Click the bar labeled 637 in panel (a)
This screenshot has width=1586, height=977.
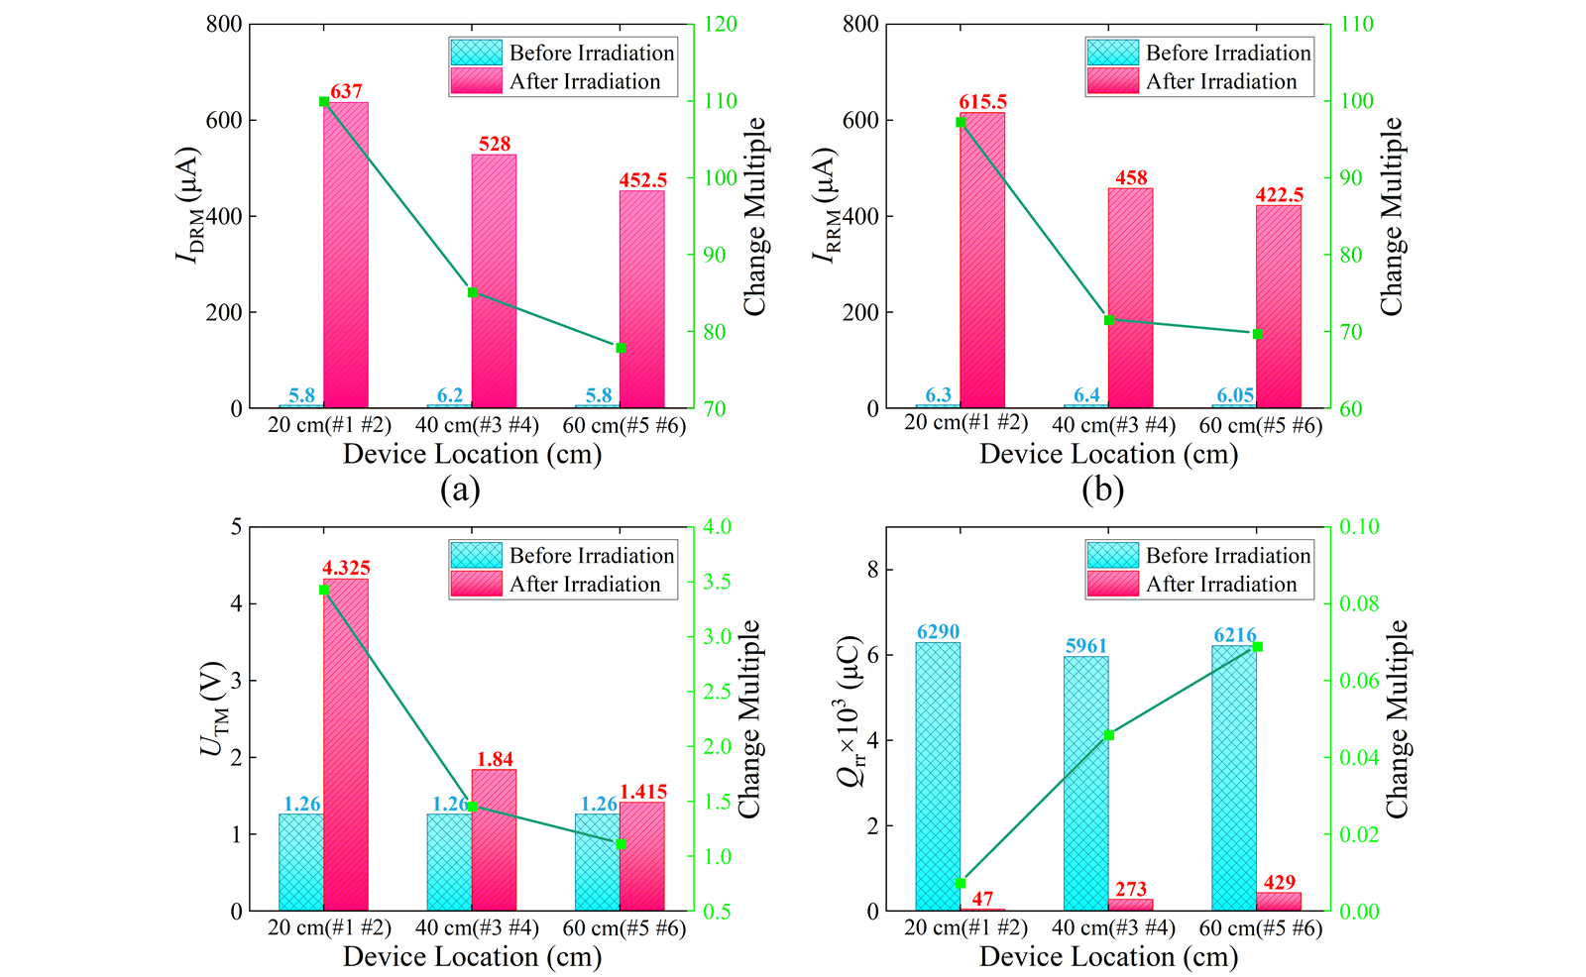pyautogui.click(x=346, y=255)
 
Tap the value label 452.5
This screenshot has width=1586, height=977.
pyautogui.click(x=643, y=180)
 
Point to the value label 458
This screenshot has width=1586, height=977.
pyautogui.click(x=1131, y=178)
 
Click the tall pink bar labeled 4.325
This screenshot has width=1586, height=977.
pyautogui.click(x=346, y=744)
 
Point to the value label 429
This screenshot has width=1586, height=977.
pyautogui.click(x=1280, y=883)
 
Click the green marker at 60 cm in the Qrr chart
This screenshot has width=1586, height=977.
pyautogui.click(x=1258, y=647)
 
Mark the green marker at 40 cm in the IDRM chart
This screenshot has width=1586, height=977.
pyautogui.click(x=473, y=292)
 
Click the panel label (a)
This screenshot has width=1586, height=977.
pyautogui.click(x=460, y=489)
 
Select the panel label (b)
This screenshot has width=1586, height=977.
pyautogui.click(x=1102, y=489)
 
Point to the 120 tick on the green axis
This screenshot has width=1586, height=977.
pyautogui.click(x=721, y=24)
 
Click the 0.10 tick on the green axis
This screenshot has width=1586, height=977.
pyautogui.click(x=1358, y=526)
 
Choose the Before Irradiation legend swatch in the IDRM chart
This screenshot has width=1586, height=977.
pyautogui.click(x=476, y=53)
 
